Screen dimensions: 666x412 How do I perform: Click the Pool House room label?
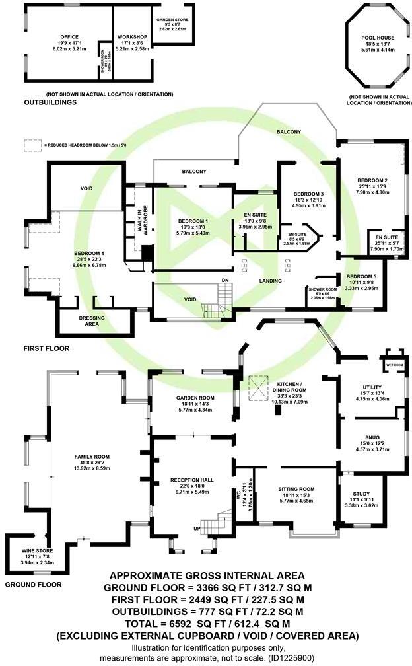(x=373, y=38)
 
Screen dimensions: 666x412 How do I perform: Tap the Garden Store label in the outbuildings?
(x=172, y=20)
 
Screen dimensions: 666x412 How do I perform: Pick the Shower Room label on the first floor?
(x=322, y=289)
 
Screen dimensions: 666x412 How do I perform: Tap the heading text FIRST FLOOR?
(x=46, y=348)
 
